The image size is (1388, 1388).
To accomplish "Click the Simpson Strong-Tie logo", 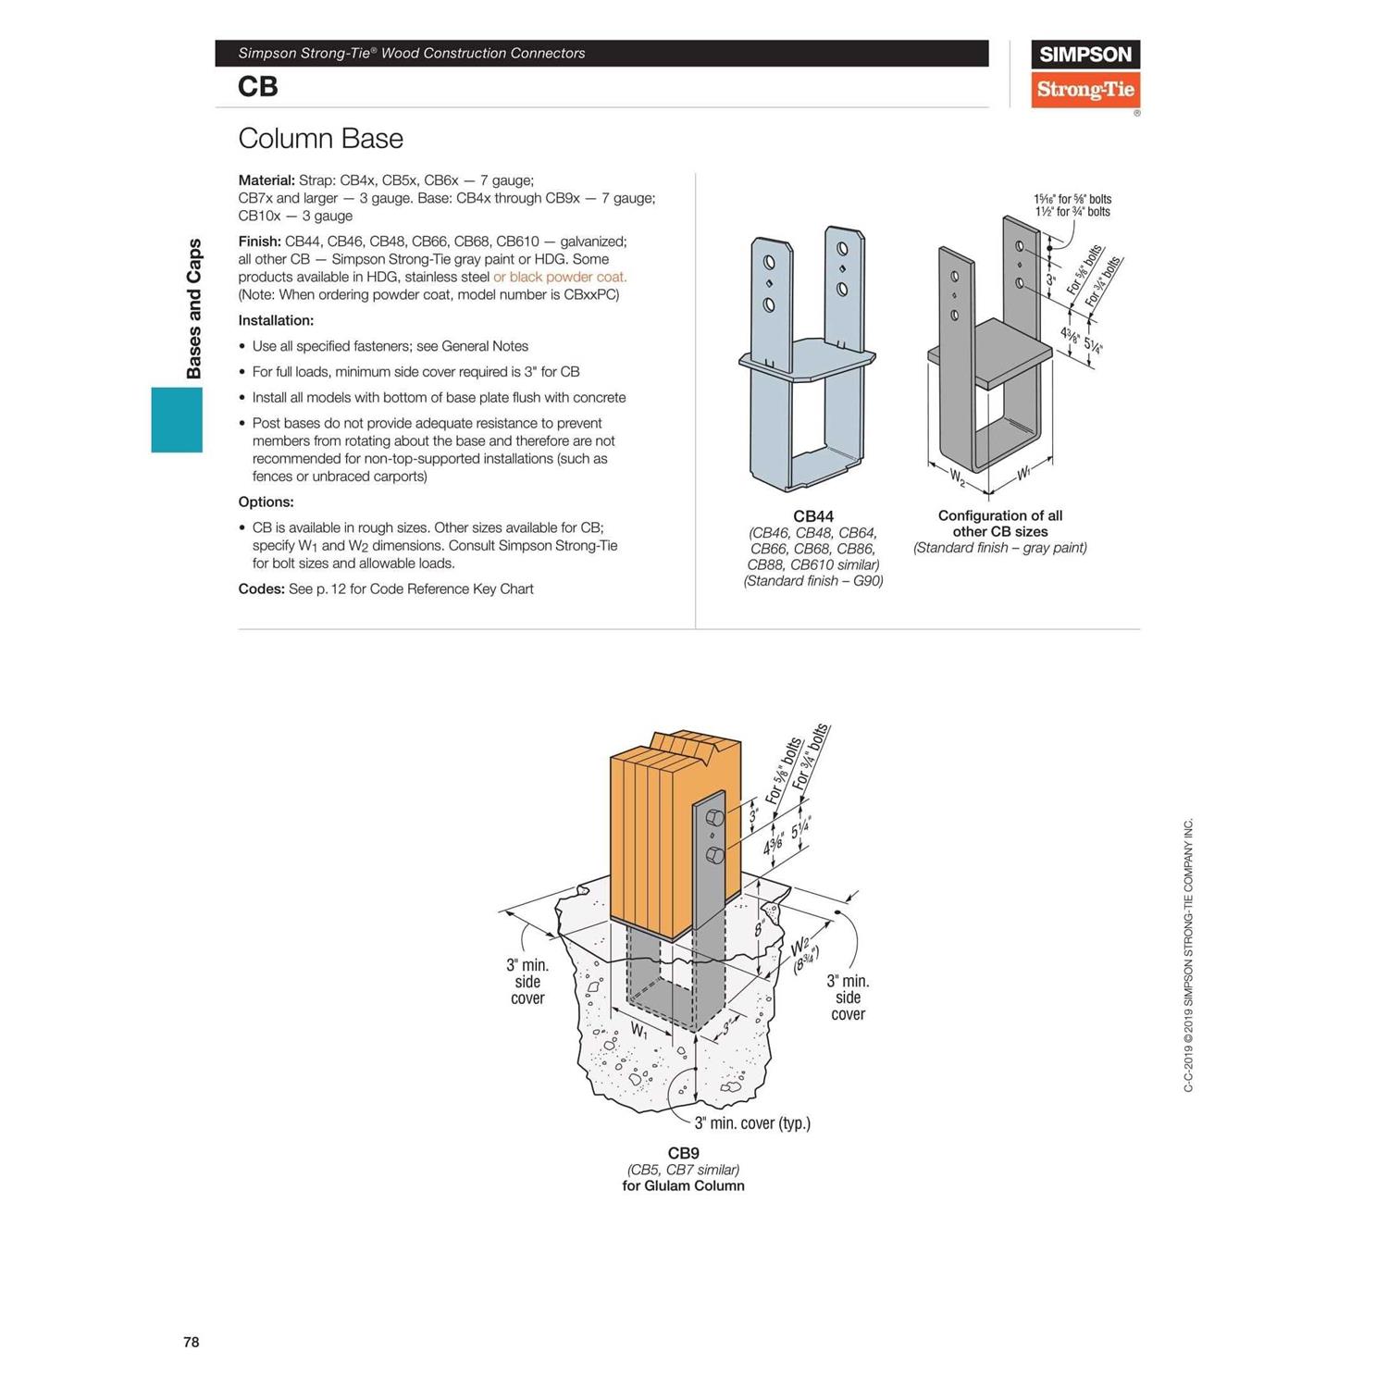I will click(x=1084, y=75).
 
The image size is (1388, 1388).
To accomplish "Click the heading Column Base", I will click(x=320, y=139).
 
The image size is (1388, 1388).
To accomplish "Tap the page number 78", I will click(x=192, y=1342).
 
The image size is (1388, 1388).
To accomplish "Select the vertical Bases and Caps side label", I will click(x=193, y=309).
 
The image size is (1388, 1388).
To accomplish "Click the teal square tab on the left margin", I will click(x=177, y=419).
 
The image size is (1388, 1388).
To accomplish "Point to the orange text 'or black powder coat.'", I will click(x=560, y=277).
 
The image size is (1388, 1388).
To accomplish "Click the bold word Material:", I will click(x=266, y=180).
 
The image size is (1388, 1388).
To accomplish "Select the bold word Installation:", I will click(x=276, y=320).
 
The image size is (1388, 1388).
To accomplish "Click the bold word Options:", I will click(x=266, y=502).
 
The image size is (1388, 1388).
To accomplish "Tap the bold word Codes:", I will click(x=261, y=589).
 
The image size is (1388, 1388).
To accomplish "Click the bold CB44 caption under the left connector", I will click(x=813, y=516).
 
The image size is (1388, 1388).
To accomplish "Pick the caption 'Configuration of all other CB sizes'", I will click(x=999, y=524).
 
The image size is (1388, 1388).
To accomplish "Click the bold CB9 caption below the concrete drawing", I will click(x=684, y=1153).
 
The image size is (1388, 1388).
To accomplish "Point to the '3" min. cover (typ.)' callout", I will click(x=752, y=1123).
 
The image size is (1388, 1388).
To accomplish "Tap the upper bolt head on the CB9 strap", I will click(x=714, y=818).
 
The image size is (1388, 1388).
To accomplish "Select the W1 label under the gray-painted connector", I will click(x=1024, y=474).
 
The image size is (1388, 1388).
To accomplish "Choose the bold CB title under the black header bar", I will click(x=257, y=86).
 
